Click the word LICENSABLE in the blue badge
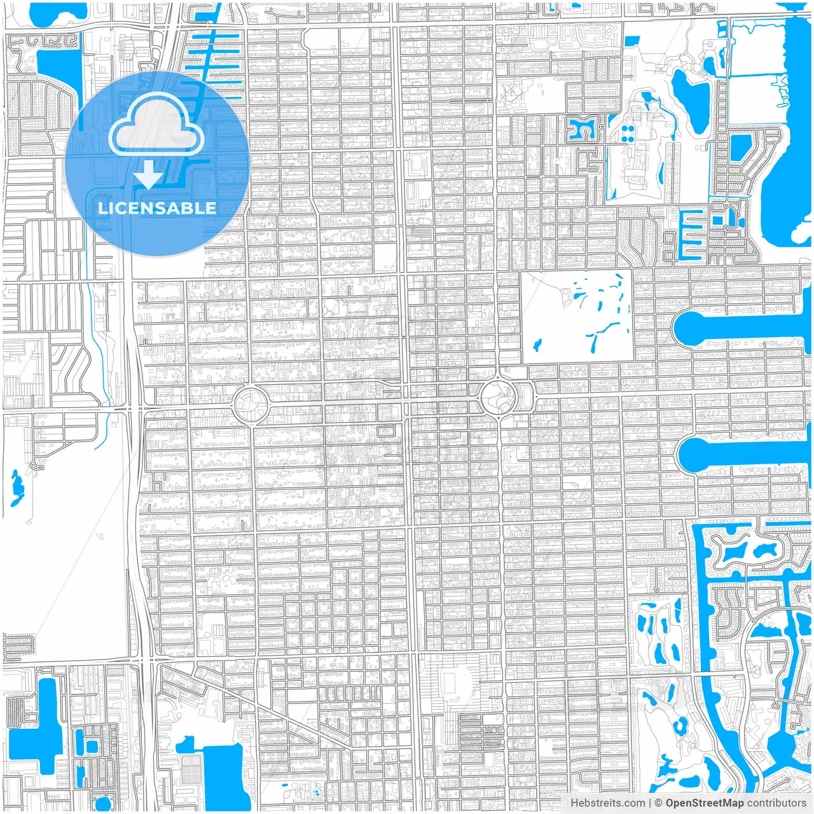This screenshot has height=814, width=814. click(x=156, y=208)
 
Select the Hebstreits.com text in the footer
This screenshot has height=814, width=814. click(x=607, y=803)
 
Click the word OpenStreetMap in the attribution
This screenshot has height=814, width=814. click(x=704, y=803)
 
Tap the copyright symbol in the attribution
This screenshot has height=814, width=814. click(x=659, y=803)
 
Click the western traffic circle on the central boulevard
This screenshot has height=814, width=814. click(x=249, y=405)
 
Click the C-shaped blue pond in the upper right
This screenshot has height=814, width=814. click(x=582, y=129)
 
